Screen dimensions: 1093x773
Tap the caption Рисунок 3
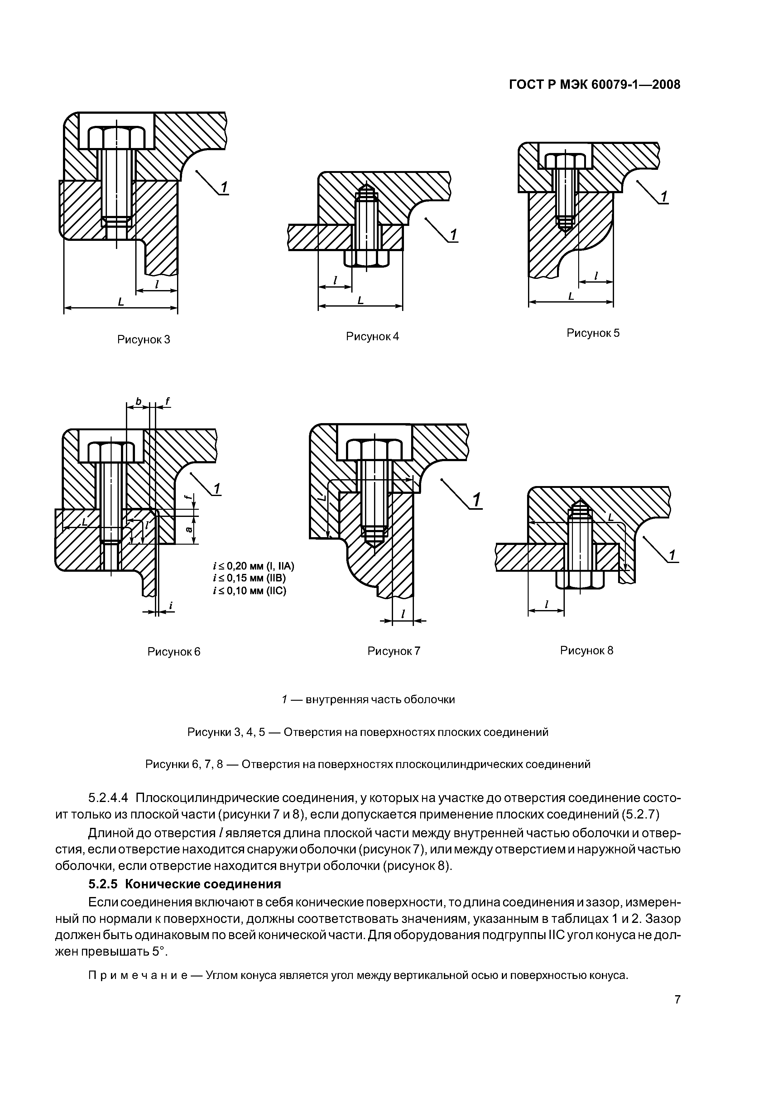(143, 339)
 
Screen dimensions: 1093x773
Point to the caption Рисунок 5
(593, 333)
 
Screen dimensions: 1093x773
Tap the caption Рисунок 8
(586, 650)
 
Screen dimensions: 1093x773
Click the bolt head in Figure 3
(117, 137)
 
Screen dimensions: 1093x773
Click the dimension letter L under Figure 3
(121, 301)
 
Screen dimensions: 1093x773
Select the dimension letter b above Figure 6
(138, 401)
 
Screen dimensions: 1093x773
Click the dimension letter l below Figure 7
(403, 614)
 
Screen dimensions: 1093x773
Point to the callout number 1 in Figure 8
(672, 555)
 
